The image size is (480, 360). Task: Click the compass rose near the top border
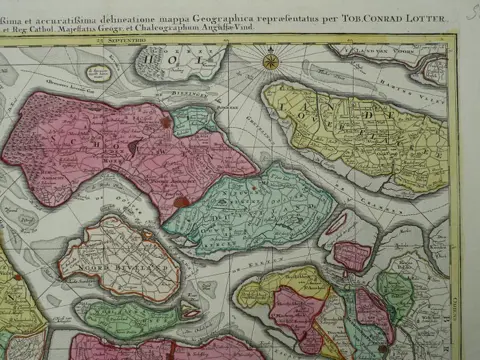click(270, 61)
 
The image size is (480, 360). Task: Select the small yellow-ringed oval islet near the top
click(98, 73)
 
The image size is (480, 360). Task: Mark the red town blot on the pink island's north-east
click(166, 123)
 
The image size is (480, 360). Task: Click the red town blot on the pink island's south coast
click(180, 202)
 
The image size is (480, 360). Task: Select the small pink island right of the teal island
click(351, 255)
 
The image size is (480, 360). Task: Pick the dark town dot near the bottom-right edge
click(383, 349)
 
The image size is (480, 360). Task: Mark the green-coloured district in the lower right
click(395, 290)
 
